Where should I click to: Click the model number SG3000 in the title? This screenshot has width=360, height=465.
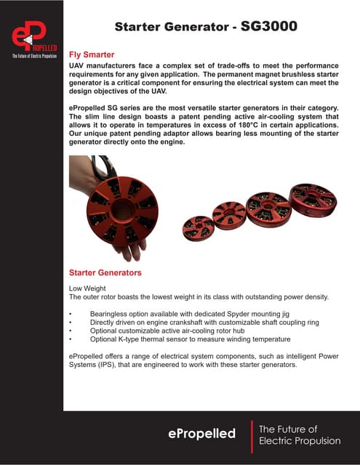(264, 28)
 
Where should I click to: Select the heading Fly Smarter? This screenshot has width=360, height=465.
(91, 54)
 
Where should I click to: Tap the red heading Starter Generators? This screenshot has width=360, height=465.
(105, 272)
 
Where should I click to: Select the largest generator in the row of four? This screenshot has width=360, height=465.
(312, 199)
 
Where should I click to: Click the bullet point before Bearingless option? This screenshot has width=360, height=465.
(70, 312)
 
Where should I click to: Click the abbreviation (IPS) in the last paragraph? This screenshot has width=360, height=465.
(135, 365)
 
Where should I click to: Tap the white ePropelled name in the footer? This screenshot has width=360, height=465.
(203, 434)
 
